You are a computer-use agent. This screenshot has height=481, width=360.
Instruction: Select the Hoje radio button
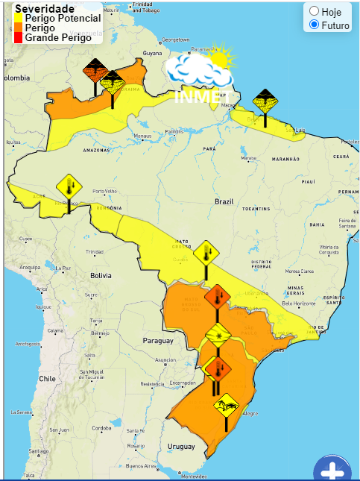314,11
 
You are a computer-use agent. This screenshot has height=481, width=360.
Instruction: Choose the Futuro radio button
314,25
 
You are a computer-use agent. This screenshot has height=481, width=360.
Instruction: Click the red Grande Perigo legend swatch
19,37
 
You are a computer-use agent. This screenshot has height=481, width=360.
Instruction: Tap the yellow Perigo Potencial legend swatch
19,18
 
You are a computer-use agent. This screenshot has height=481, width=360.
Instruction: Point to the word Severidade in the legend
45,8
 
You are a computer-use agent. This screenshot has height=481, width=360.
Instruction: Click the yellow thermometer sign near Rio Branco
69,185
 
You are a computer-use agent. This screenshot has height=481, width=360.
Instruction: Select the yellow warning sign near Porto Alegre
225,406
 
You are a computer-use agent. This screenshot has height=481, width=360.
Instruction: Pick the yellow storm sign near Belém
265,100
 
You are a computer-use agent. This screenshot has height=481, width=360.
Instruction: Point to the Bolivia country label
101,275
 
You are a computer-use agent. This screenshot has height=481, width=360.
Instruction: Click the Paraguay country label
157,340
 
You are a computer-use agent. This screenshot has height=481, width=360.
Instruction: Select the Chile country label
48,378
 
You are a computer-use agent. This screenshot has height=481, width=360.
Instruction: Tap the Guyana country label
152,54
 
